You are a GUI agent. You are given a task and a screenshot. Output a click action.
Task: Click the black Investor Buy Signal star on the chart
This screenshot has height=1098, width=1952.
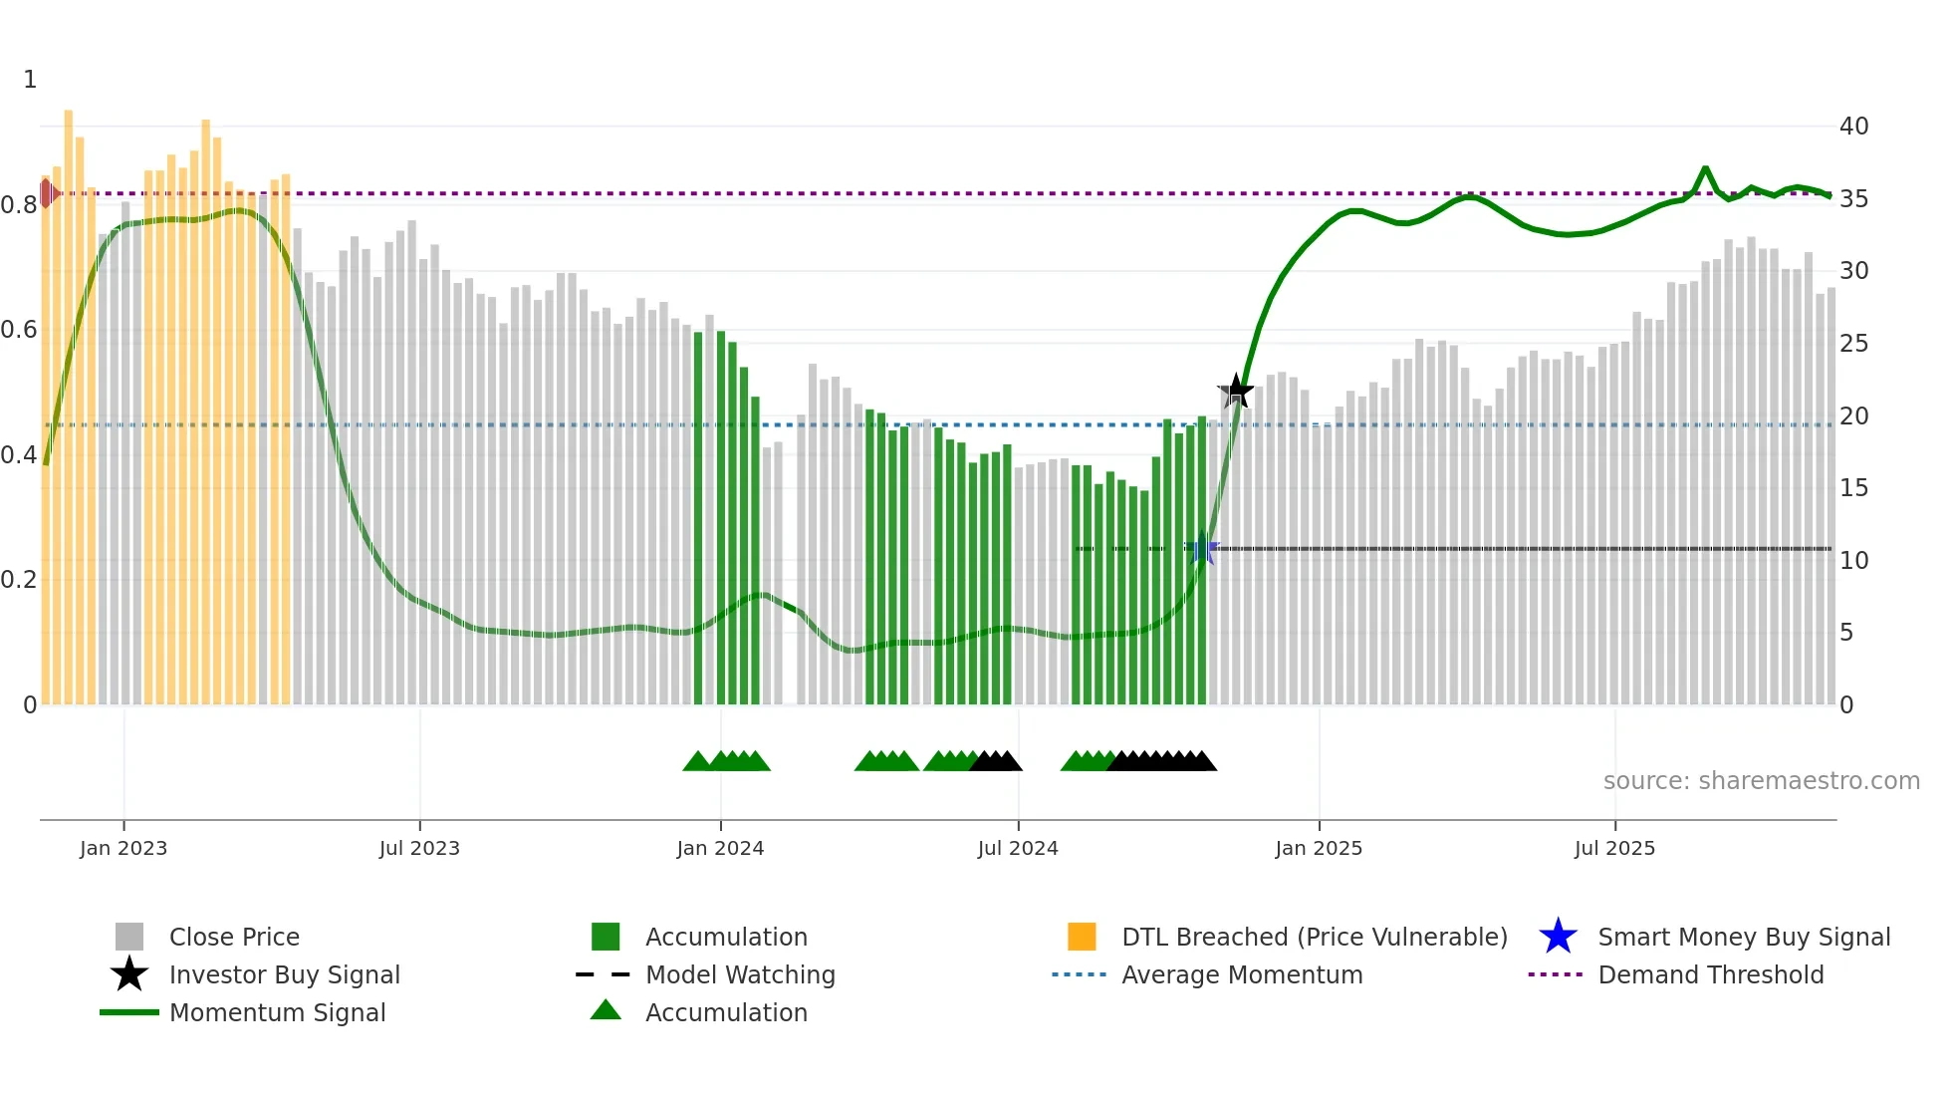1236,391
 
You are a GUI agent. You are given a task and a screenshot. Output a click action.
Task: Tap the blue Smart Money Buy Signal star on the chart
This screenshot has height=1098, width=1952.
1202,548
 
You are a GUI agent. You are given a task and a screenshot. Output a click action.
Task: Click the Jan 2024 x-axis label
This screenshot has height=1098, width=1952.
720,848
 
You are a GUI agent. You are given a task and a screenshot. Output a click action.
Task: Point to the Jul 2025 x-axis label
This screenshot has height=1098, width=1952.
1614,848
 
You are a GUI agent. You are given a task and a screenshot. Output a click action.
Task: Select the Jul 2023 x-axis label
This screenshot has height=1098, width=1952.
419,848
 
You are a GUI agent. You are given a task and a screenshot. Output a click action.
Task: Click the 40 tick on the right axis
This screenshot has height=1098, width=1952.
1853,127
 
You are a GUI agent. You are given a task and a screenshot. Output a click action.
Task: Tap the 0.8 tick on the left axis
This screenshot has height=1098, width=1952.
19,205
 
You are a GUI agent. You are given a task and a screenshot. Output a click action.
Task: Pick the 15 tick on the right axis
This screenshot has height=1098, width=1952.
1853,488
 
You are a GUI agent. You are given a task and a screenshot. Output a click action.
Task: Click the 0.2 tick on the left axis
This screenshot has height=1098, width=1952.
19,580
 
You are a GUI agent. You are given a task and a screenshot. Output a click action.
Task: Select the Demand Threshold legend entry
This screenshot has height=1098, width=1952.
1710,974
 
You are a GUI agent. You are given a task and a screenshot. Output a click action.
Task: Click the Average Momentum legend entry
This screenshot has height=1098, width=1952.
1241,974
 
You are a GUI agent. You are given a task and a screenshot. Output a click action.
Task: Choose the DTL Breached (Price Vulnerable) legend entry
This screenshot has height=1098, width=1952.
1314,937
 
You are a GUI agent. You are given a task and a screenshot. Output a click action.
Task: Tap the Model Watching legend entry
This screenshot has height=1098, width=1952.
739,974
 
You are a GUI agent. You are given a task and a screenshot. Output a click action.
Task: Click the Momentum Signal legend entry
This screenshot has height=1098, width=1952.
277,1012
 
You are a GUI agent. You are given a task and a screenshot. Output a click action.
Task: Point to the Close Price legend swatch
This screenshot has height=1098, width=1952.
129,937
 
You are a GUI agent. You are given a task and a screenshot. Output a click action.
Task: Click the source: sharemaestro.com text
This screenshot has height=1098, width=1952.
1761,781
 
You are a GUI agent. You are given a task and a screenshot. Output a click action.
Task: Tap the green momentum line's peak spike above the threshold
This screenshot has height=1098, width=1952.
1705,168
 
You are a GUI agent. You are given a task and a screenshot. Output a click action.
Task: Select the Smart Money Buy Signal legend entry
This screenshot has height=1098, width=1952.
1743,937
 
